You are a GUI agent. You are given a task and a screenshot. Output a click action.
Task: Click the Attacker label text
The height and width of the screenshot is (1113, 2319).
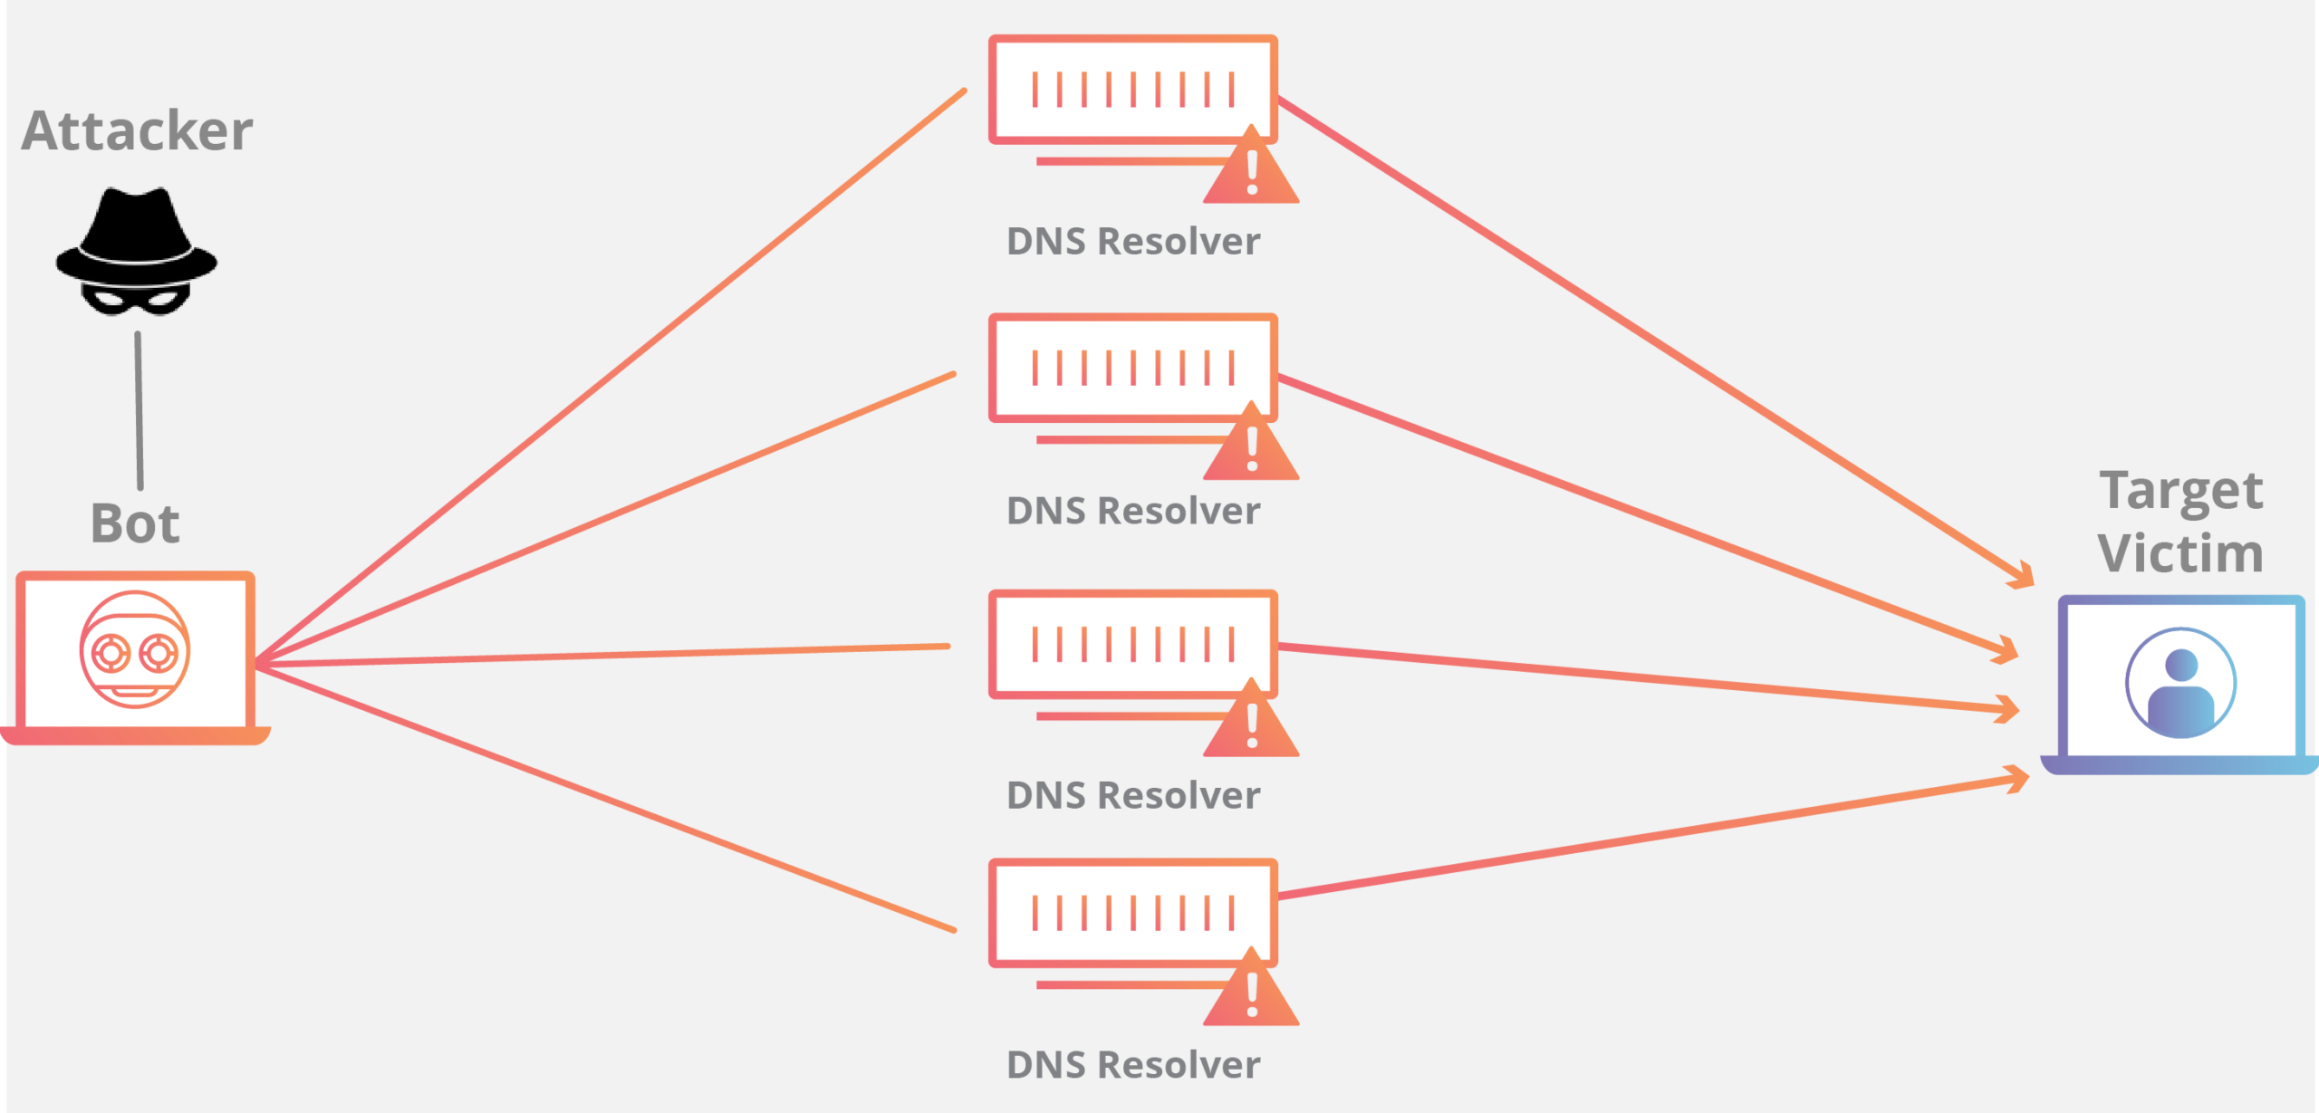click(x=137, y=131)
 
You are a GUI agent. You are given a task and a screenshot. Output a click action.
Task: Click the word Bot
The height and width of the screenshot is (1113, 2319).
click(x=135, y=524)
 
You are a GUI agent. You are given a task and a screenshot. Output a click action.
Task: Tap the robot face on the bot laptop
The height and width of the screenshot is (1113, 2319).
click(x=135, y=649)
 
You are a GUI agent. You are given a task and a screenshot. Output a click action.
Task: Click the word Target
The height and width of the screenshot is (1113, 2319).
click(x=2180, y=492)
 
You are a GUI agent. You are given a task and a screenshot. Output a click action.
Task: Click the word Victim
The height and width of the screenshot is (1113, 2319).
click(x=2180, y=553)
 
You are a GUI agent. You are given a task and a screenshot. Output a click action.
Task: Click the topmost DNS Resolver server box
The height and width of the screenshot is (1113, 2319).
click(x=1132, y=90)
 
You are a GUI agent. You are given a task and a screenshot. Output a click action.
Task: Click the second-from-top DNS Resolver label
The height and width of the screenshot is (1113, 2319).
click(x=1132, y=512)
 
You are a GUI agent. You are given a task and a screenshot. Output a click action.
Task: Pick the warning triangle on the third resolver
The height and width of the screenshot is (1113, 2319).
click(x=1251, y=723)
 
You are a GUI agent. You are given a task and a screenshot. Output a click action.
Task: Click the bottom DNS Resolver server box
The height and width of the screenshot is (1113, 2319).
click(x=1132, y=913)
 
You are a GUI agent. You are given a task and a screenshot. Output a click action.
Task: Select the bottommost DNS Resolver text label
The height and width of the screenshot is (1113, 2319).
click(x=1132, y=1065)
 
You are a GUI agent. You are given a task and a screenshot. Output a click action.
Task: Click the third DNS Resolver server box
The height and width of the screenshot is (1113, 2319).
click(x=1132, y=644)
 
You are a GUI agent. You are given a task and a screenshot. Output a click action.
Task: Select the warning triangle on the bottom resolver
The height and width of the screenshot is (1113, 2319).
click(x=1251, y=993)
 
